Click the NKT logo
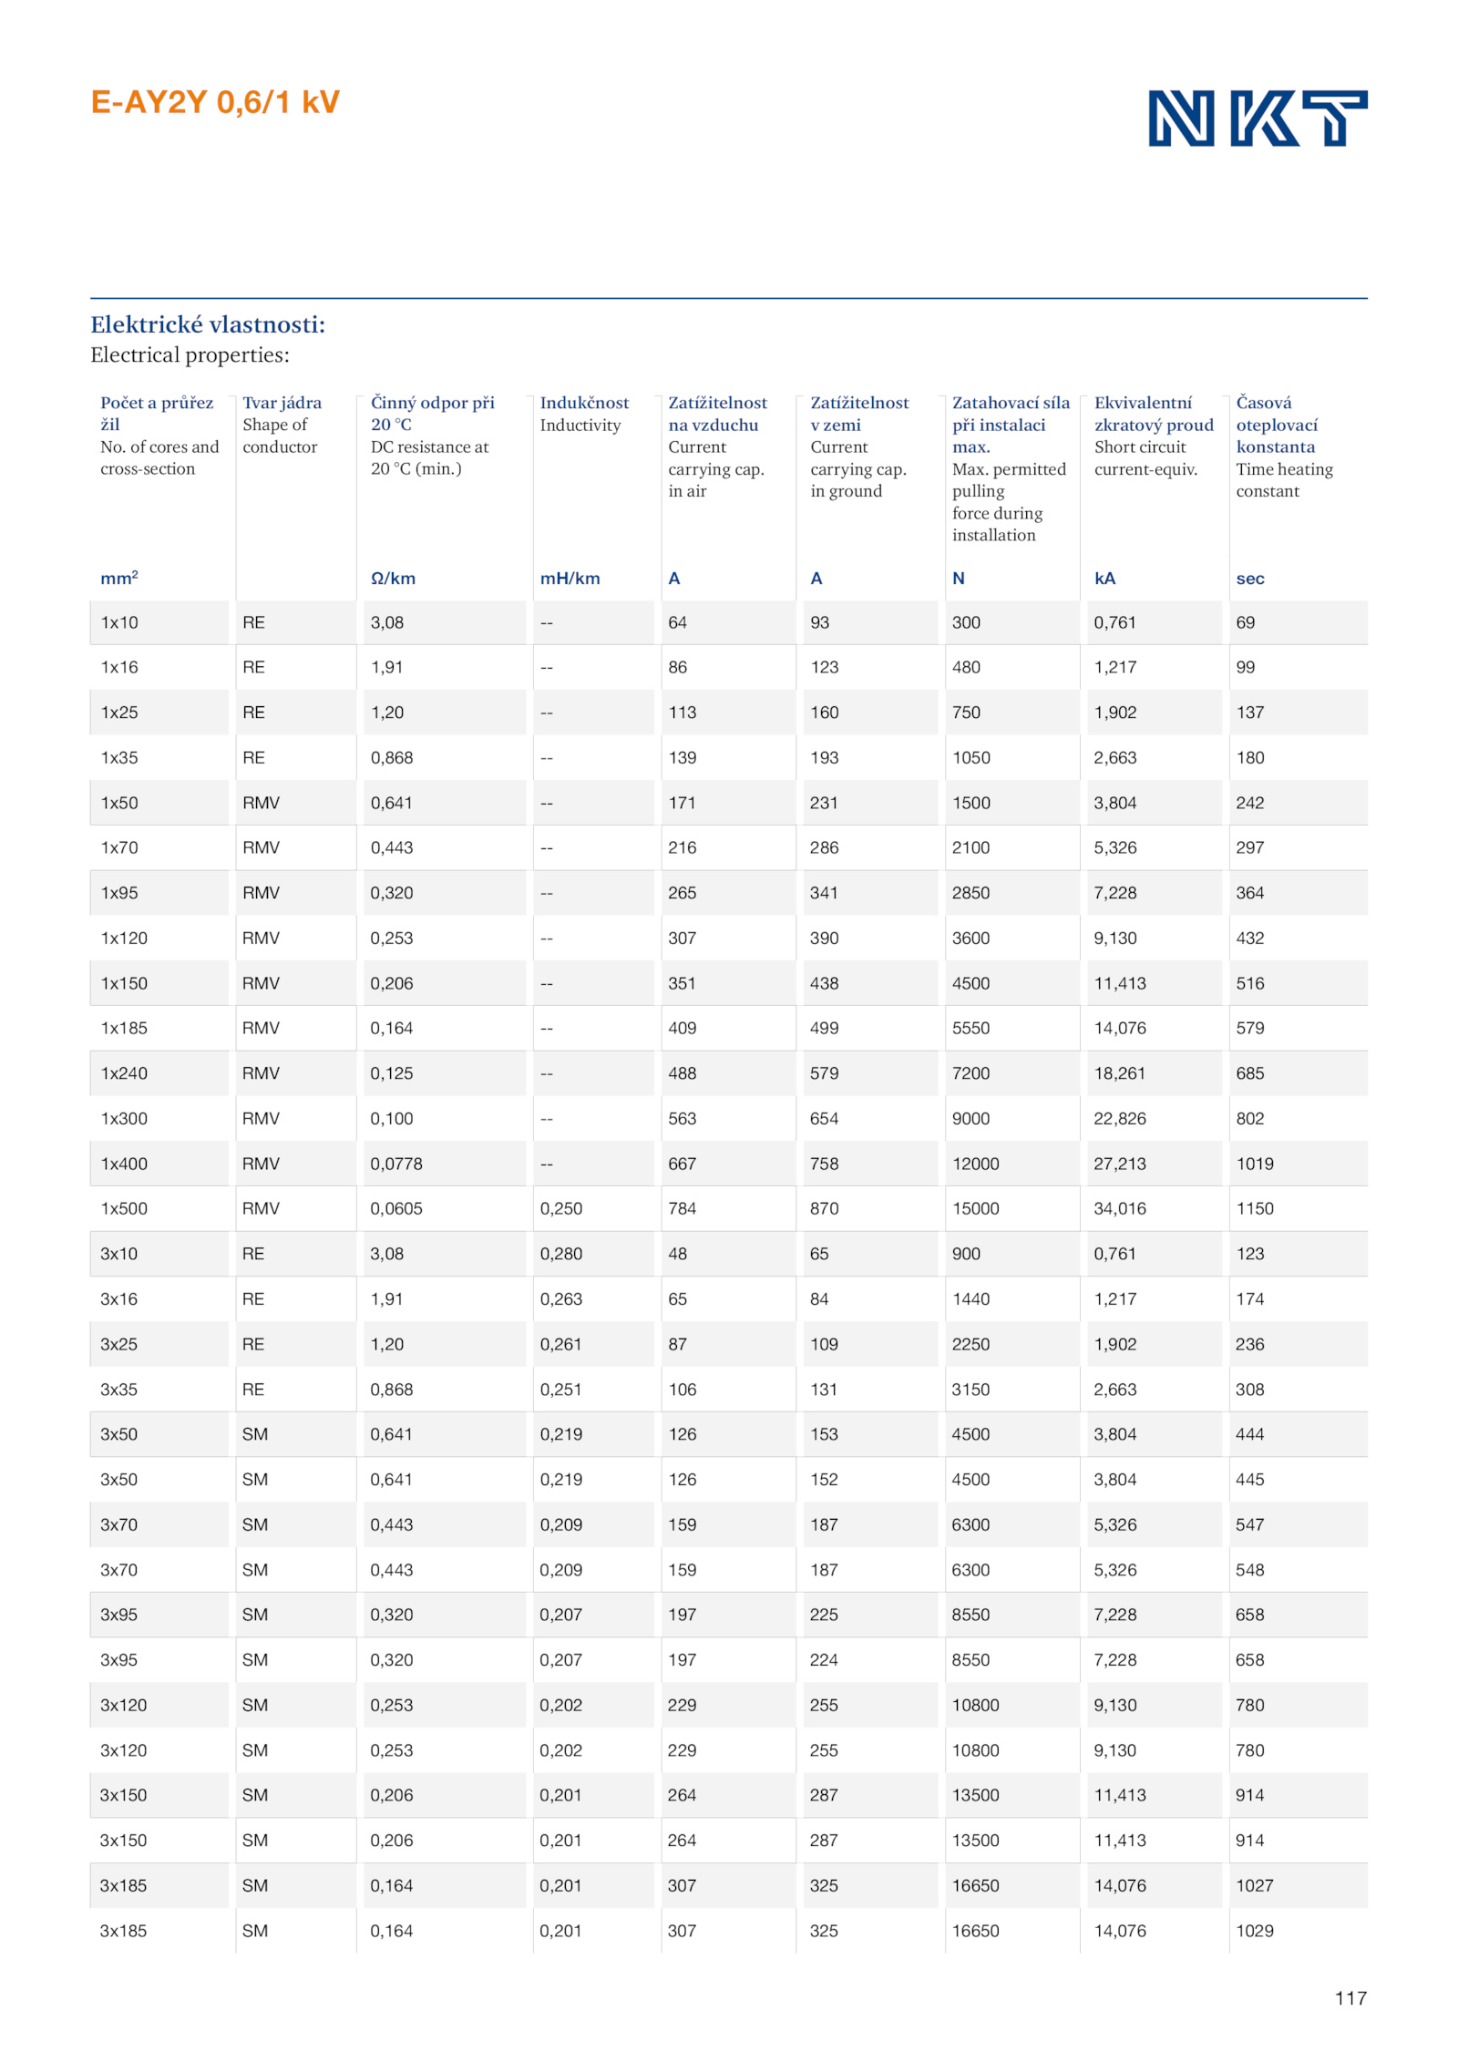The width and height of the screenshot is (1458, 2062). point(1257,118)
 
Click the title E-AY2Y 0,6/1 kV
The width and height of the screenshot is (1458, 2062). point(215,102)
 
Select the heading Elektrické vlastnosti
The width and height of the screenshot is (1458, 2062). point(208,324)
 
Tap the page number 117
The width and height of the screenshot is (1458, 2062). point(1350,1997)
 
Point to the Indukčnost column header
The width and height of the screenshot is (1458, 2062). point(584,403)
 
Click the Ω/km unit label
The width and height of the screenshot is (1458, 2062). point(393,579)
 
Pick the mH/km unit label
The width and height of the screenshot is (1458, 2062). point(570,579)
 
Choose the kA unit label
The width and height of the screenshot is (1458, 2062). point(1104,579)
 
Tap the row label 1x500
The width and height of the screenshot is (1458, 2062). point(124,1208)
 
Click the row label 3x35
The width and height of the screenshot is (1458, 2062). point(119,1390)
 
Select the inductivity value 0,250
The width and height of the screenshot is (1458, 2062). point(561,1208)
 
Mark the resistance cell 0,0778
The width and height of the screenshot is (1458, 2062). point(396,1164)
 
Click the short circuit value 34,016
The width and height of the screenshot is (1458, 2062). point(1120,1208)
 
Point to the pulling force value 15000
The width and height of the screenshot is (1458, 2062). point(975,1208)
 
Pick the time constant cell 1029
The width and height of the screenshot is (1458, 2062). point(1254,1931)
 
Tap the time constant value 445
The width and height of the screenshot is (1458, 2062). point(1249,1480)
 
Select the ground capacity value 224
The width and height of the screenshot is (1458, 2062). point(824,1660)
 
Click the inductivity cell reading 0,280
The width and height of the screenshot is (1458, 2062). point(561,1254)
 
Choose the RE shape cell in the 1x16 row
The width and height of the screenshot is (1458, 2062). point(253,667)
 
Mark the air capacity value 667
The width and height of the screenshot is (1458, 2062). point(682,1164)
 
